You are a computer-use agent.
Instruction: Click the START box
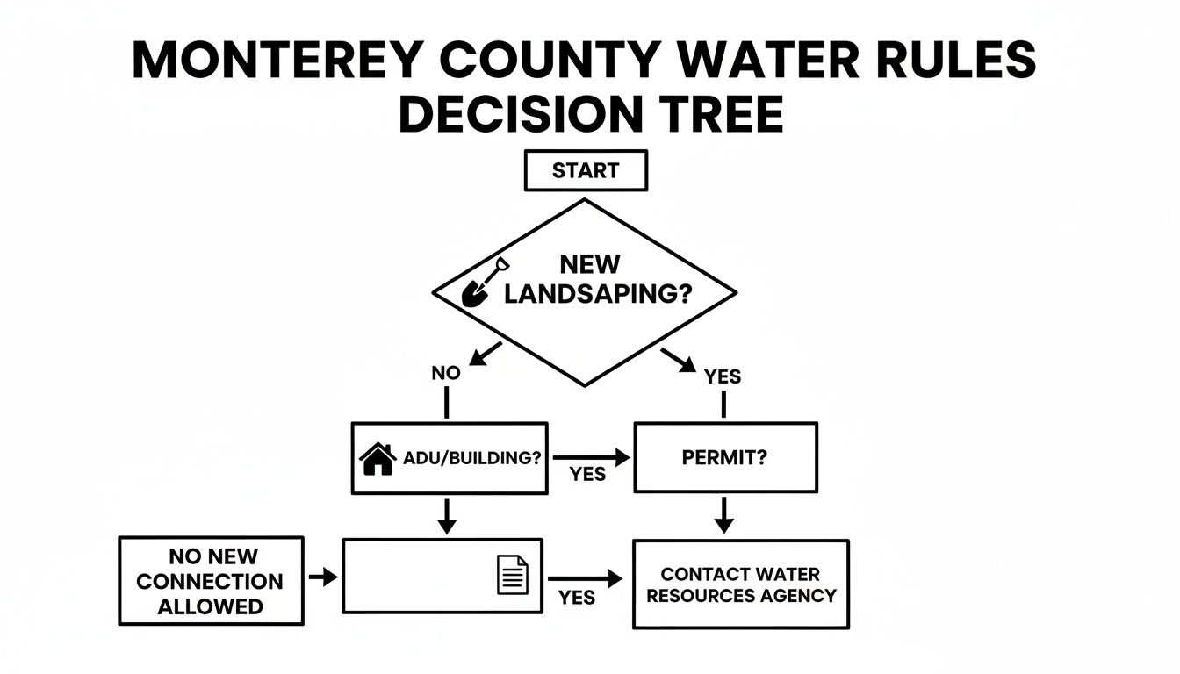click(585, 170)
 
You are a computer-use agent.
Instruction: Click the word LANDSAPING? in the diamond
click(593, 294)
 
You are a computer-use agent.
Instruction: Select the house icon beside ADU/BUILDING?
click(378, 458)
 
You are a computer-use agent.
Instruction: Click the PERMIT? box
click(725, 457)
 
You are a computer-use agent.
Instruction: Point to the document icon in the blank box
click(513, 575)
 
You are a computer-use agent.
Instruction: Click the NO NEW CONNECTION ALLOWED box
click(211, 581)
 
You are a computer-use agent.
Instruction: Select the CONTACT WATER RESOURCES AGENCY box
click(740, 584)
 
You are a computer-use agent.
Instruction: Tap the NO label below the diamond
click(446, 373)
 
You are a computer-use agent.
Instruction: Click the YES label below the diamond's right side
click(723, 376)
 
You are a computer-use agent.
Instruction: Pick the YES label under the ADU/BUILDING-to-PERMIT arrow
click(587, 474)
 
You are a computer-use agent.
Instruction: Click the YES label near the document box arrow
click(577, 598)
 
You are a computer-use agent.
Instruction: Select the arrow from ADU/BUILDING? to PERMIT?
click(592, 456)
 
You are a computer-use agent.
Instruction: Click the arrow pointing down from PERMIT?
click(723, 514)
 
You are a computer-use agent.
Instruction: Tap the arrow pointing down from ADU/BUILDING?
click(447, 515)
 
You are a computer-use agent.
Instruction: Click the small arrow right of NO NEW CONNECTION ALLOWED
click(323, 577)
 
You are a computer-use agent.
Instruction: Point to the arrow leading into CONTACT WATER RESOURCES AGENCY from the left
click(585, 579)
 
